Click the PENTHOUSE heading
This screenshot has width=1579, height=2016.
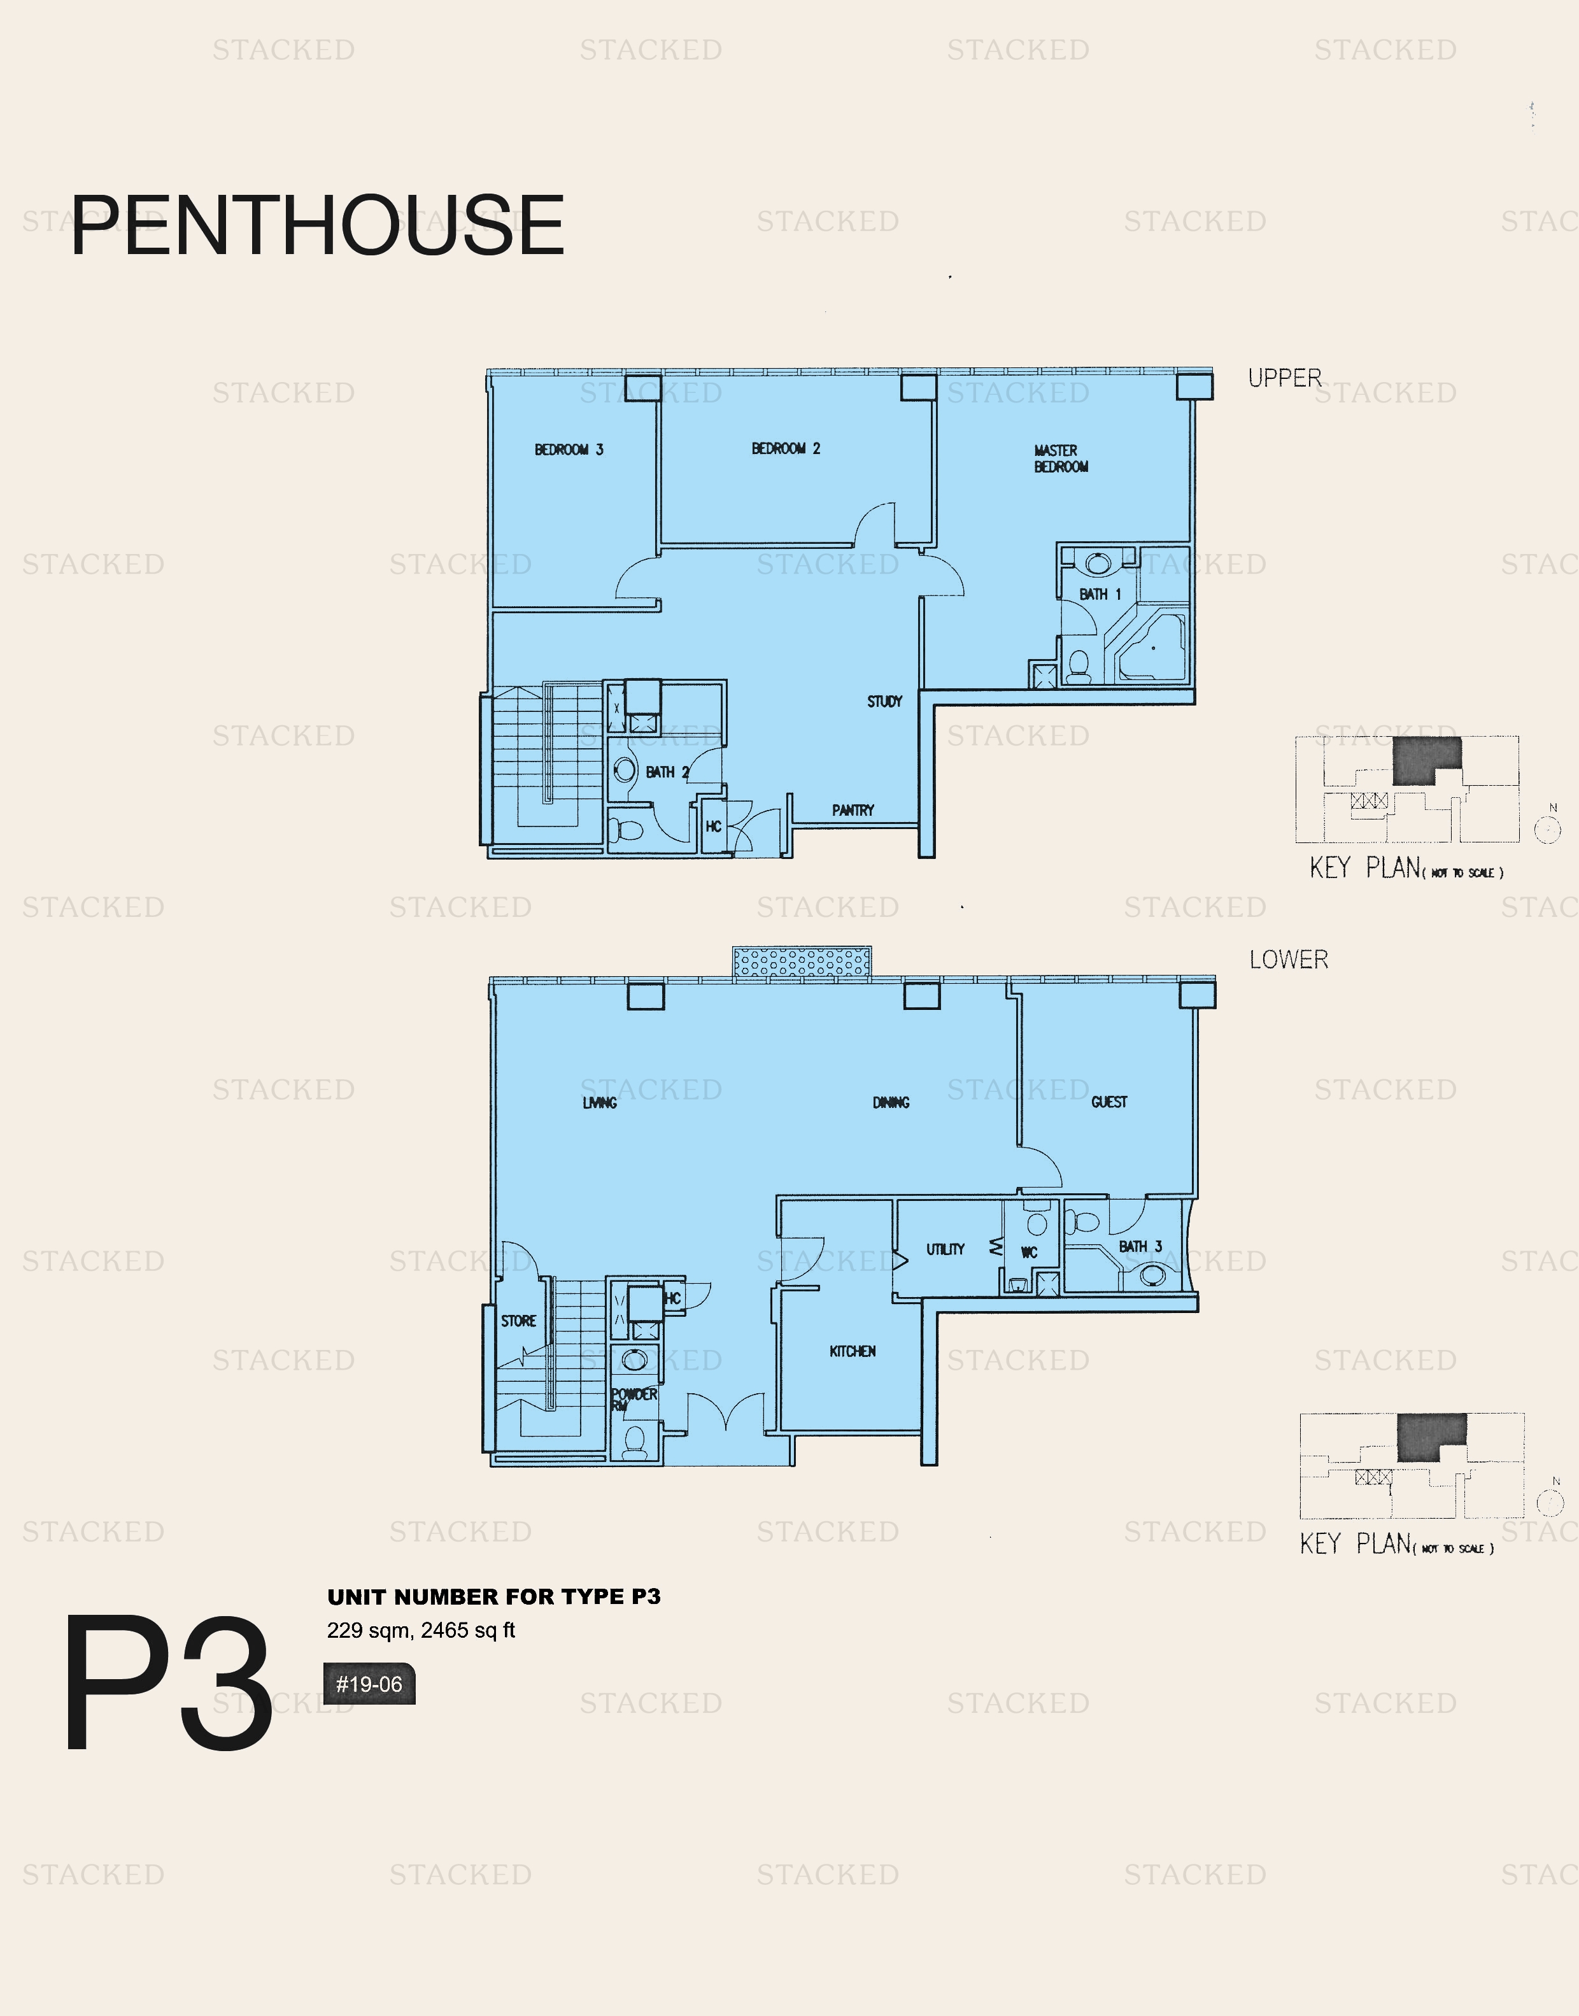317,225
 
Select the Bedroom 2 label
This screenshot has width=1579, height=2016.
786,449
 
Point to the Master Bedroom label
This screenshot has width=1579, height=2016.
1060,458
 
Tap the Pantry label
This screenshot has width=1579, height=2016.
853,811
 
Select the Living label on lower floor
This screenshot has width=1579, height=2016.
600,1103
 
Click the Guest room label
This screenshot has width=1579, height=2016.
1109,1102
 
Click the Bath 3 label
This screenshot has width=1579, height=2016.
1140,1247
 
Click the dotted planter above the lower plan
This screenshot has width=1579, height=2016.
802,962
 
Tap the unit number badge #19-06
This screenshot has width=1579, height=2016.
369,1684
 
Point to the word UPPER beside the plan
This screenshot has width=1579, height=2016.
1284,378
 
